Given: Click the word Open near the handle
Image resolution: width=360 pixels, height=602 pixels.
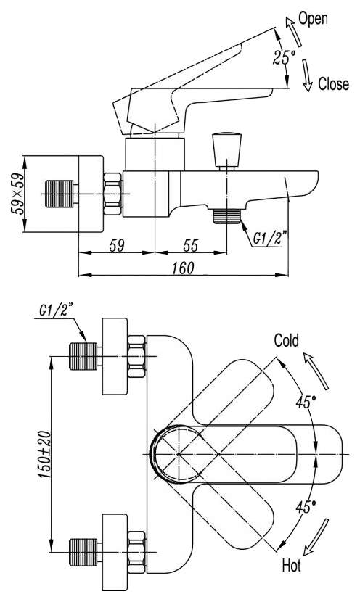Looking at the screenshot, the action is click(x=313, y=19).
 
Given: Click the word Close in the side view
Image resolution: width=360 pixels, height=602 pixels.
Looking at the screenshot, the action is click(x=333, y=84).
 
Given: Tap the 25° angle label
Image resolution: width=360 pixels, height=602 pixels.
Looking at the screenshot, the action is click(x=283, y=57).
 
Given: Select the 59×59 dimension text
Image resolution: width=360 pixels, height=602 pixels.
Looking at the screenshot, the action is click(x=17, y=194).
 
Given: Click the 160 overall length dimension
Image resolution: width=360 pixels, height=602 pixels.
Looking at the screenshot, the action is click(x=183, y=268).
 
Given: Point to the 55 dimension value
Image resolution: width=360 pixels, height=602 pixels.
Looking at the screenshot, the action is click(x=191, y=245).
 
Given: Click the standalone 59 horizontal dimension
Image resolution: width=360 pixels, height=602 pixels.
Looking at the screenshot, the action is click(x=117, y=245).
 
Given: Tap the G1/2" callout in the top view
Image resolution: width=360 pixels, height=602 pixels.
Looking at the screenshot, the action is click(x=56, y=310).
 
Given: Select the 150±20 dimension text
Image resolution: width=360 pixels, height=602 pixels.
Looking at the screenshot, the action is click(x=44, y=455).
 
